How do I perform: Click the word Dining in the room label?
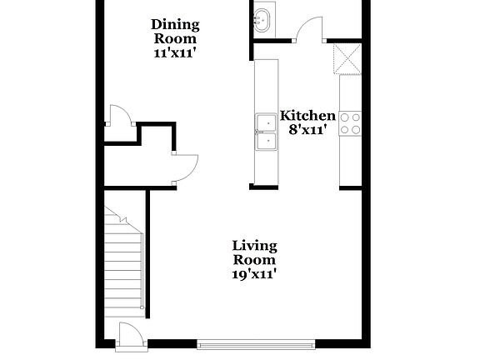175,24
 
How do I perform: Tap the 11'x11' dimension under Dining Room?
175,52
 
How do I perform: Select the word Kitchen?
307,116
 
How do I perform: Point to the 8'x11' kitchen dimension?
307,129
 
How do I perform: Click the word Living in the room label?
254,245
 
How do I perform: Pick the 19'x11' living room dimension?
254,272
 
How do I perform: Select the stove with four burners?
350,123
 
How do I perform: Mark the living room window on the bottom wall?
257,342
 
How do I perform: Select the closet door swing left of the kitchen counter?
184,167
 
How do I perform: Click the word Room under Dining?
175,38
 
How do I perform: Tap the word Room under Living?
254,259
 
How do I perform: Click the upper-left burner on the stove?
345,117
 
